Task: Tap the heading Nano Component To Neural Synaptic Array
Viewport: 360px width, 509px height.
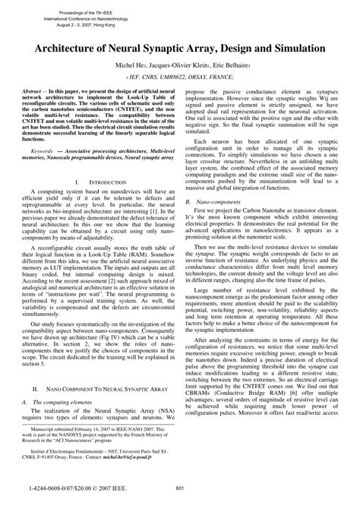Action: [102, 387]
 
